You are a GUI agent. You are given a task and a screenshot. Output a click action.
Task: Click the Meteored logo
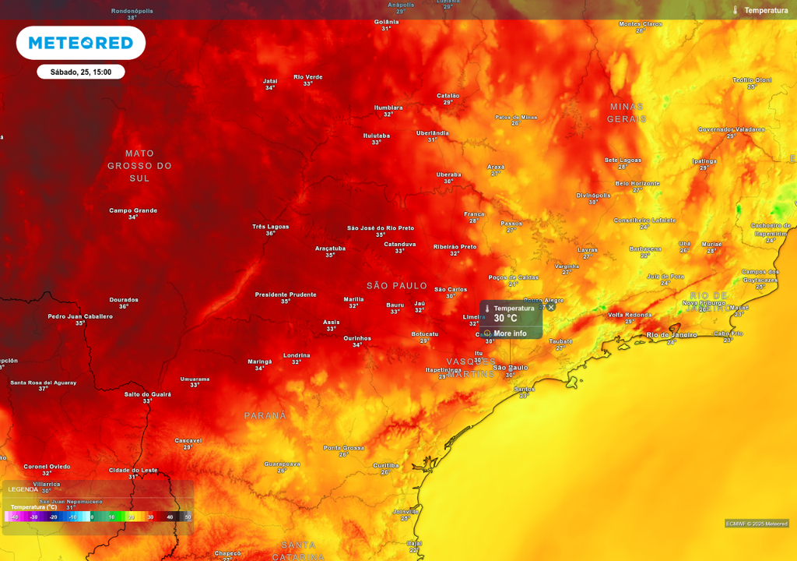point(81,43)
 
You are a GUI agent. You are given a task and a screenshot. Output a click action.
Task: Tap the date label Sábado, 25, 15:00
point(81,72)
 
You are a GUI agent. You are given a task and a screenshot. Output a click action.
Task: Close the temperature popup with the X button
point(551,307)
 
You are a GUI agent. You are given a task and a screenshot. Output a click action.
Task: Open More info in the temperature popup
point(510,333)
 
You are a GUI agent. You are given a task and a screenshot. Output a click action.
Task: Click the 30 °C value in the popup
point(505,319)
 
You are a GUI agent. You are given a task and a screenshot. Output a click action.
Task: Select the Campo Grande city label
point(133,210)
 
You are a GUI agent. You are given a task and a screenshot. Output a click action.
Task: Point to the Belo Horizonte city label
point(637,184)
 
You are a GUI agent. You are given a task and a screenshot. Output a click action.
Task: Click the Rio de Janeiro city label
point(672,334)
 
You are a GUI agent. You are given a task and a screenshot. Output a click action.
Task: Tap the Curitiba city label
point(385,465)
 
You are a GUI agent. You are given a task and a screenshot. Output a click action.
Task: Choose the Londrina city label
point(297,355)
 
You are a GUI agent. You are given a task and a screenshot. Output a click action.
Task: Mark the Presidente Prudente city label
point(286,295)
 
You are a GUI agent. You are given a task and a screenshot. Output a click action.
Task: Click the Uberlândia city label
point(432,133)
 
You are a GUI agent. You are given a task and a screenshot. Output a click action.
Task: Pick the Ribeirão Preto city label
point(455,247)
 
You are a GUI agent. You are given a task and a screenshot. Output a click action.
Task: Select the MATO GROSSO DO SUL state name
point(139,166)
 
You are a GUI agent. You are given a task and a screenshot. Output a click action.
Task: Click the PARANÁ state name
point(265,416)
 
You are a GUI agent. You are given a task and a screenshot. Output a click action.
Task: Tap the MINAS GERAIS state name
point(627,113)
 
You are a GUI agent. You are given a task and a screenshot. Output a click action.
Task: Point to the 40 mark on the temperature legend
point(170,517)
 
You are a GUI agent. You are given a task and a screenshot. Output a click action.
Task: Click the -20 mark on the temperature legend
point(54,517)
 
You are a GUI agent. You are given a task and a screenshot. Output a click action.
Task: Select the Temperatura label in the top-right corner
point(766,10)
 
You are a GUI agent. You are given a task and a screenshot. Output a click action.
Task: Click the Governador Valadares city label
point(731,129)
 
